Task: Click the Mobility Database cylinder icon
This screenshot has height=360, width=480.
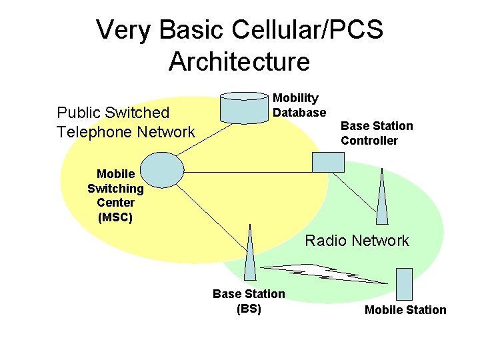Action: click(x=244, y=107)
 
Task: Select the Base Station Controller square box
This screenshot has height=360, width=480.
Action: click(x=329, y=162)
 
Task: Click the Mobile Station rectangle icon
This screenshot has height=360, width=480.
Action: click(x=405, y=283)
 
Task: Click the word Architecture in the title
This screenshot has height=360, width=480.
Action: click(x=239, y=61)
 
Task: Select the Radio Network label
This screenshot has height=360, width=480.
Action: click(x=357, y=241)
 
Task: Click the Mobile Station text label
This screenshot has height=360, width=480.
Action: click(x=405, y=309)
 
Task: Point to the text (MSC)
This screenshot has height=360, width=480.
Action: click(x=115, y=217)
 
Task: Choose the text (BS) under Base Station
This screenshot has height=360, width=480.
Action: click(x=249, y=309)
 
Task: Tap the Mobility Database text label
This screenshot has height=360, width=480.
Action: click(x=299, y=105)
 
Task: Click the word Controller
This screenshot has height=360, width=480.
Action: click(x=369, y=140)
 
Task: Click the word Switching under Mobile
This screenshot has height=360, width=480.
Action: click(x=115, y=188)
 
